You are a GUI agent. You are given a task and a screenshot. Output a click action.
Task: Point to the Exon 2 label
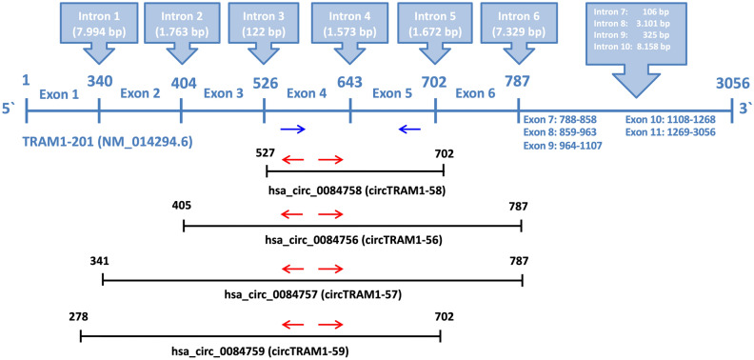pyautogui.click(x=140, y=93)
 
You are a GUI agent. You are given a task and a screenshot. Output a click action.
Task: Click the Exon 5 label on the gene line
pyautogui.click(x=391, y=93)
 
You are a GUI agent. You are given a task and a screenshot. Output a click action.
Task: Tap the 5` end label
pyautogui.click(x=10, y=111)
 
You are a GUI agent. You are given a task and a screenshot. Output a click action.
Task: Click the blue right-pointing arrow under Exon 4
pyautogui.click(x=293, y=129)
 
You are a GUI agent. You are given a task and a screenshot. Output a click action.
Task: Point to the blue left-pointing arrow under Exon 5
pyautogui.click(x=409, y=129)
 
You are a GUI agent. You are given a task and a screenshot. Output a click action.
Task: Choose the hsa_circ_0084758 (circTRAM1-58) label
pyautogui.click(x=356, y=188)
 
